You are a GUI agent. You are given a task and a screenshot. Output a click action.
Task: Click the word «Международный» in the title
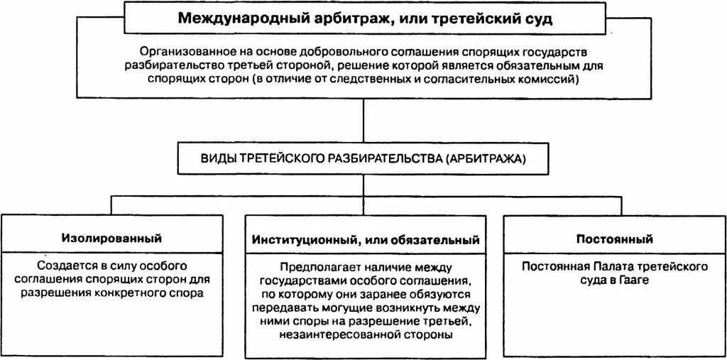point(226,18)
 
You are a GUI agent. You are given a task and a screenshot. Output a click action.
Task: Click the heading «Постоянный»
point(615,239)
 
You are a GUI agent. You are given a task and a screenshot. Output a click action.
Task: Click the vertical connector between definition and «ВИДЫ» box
point(363,121)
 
